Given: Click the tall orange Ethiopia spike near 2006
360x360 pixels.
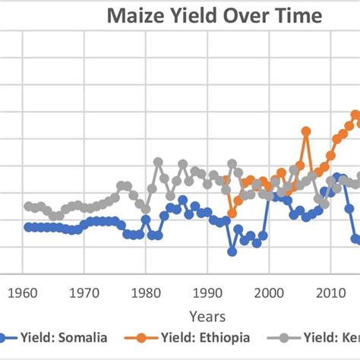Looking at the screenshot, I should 306,131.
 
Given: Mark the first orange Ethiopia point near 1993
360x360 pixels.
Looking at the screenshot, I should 226,180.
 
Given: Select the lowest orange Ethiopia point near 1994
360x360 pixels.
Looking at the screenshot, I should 232,213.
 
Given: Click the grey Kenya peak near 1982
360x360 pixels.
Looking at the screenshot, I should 158,162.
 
